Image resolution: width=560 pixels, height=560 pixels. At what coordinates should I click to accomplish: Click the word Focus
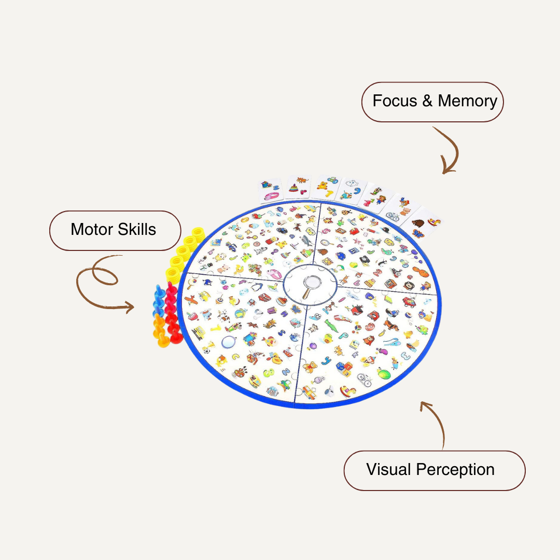[395, 101]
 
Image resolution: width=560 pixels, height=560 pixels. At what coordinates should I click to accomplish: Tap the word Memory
[467, 101]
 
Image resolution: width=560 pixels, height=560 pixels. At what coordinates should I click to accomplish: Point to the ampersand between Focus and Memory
[427, 101]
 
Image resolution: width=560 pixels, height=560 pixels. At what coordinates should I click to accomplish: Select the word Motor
[91, 229]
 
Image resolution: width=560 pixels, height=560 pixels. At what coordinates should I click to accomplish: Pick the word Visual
[389, 470]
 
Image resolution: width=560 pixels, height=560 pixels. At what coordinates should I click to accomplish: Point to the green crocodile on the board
[330, 326]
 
